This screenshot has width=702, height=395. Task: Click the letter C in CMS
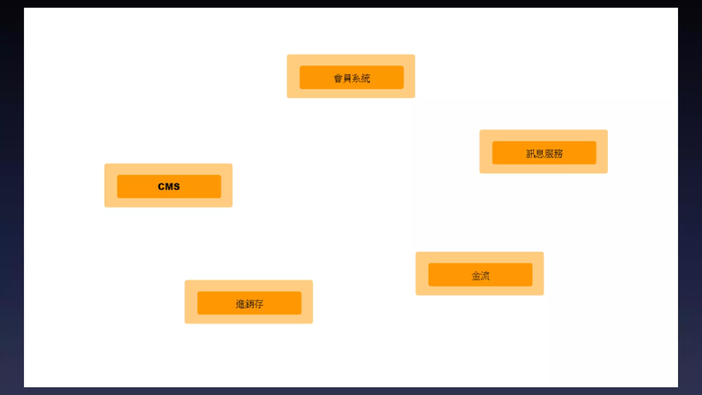pyautogui.click(x=161, y=187)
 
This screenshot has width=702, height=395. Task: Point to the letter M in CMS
pyautogui.click(x=169, y=187)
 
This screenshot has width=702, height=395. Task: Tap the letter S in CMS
pyautogui.click(x=177, y=187)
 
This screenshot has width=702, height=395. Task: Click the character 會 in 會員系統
pyautogui.click(x=338, y=78)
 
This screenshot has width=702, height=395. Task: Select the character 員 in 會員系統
pyautogui.click(x=347, y=78)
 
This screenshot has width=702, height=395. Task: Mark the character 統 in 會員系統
pyautogui.click(x=366, y=78)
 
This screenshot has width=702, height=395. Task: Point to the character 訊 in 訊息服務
pyautogui.click(x=531, y=154)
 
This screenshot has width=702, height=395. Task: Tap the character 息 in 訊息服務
pyautogui.click(x=540, y=154)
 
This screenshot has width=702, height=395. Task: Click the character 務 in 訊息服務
pyautogui.click(x=558, y=154)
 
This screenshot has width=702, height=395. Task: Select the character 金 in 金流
pyautogui.click(x=476, y=276)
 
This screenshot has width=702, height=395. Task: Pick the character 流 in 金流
pyautogui.click(x=485, y=276)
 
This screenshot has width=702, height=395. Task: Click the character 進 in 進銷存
pyautogui.click(x=240, y=304)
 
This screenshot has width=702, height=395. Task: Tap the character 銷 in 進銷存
pyautogui.click(x=249, y=304)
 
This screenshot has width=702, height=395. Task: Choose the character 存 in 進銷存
pyautogui.click(x=259, y=304)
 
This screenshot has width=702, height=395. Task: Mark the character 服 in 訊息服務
pyautogui.click(x=549, y=154)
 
